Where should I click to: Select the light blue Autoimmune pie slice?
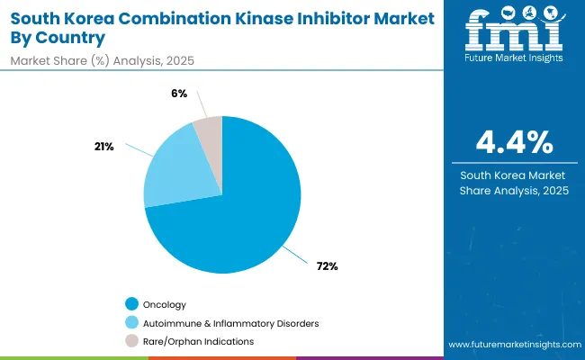[180, 166]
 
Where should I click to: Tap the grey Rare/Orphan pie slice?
[209, 130]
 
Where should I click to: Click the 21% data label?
[104, 147]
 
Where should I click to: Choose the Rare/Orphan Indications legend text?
[199, 341]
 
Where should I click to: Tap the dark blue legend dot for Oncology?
[132, 303]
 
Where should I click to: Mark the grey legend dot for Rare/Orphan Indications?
[132, 341]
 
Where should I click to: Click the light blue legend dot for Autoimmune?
[132, 322]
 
